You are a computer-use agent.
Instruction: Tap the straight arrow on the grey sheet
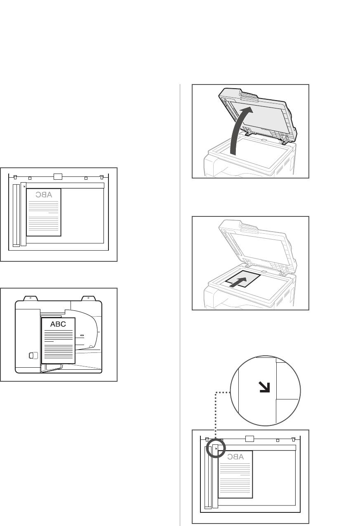[238, 282]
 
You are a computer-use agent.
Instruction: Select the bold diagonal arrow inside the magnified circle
[264, 387]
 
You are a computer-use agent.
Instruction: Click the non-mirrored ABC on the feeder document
[58, 324]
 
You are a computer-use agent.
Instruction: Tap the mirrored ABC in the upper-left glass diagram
[44, 195]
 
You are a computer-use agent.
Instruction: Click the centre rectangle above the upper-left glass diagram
[58, 176]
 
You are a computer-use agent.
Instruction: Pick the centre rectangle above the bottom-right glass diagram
[249, 439]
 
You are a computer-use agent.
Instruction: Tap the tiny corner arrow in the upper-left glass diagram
[24, 187]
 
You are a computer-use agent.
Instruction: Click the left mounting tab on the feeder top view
[30, 298]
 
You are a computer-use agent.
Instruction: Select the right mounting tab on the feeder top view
[89, 298]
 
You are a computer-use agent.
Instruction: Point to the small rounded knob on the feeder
[33, 355]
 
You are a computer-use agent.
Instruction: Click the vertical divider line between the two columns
[180, 305]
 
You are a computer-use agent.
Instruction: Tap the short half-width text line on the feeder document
[49, 341]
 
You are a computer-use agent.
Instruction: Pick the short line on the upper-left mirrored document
[53, 213]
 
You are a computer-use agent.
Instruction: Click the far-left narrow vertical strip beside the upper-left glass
[16, 215]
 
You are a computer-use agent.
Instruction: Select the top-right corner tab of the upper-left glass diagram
[102, 177]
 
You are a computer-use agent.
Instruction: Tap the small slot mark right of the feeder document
[82, 336]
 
